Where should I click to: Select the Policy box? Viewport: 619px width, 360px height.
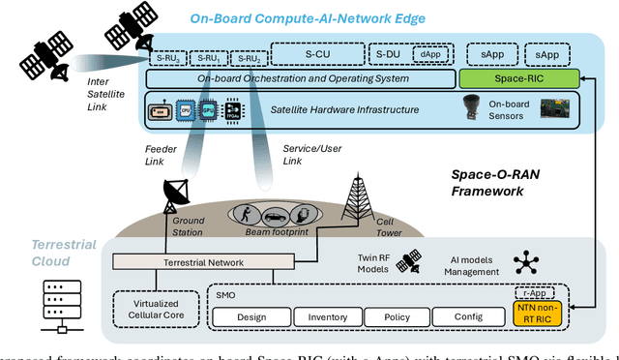pos(401,316)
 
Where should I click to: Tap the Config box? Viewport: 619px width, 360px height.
pos(473,316)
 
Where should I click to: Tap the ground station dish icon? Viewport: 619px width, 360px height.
pos(179,195)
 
